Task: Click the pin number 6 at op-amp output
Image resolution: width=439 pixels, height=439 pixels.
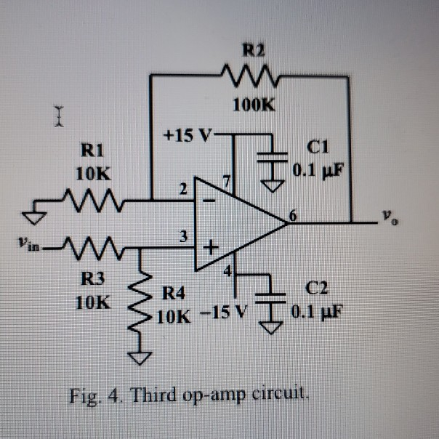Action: pos(294,214)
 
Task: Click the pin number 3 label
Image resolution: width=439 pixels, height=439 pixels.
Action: pos(185,237)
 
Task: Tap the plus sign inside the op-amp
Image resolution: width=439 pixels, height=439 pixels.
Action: pos(210,248)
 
